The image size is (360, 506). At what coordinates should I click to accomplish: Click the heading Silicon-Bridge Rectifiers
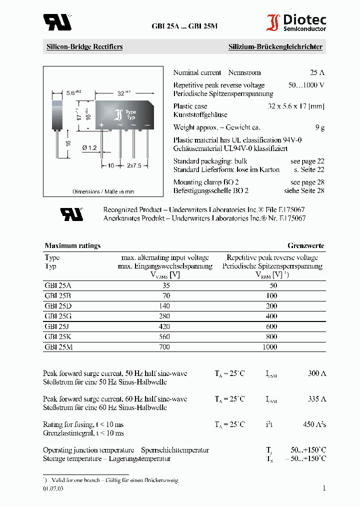point(84,47)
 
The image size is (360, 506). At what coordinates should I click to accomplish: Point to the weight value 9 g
point(320,127)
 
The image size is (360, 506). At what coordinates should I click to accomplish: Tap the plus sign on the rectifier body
point(101,124)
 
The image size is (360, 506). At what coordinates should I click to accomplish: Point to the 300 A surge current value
point(316,373)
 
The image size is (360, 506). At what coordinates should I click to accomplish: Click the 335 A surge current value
point(316,398)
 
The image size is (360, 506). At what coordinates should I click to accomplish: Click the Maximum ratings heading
point(72,245)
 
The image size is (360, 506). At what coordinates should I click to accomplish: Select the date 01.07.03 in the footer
point(53,489)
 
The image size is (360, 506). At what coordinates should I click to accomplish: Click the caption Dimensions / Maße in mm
point(103,191)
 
